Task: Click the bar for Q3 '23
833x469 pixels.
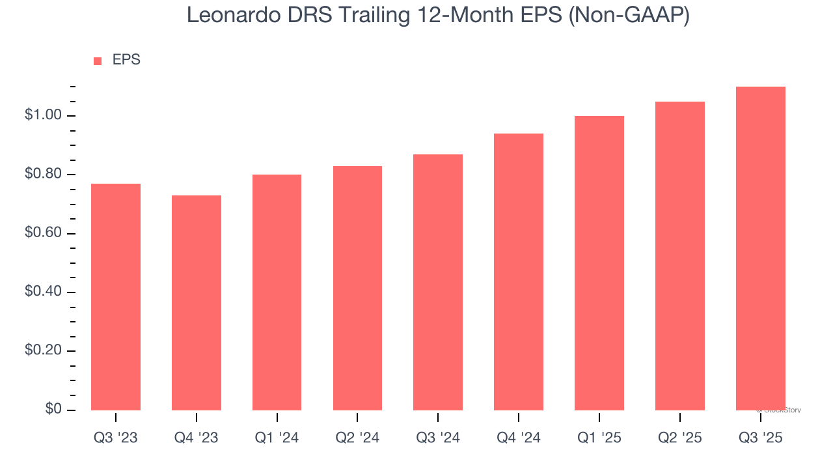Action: (x=116, y=297)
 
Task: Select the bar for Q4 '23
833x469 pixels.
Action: (x=197, y=303)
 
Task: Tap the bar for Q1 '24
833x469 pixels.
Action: (x=277, y=292)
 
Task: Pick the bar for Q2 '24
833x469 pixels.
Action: (x=357, y=288)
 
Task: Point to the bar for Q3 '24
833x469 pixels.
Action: (x=438, y=282)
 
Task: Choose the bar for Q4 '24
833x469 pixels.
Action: (x=519, y=272)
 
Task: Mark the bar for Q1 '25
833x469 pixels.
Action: (x=599, y=263)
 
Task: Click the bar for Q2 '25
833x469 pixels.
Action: (x=680, y=256)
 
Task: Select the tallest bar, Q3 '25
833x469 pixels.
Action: (x=761, y=248)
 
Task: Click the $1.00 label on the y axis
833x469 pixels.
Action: (x=43, y=116)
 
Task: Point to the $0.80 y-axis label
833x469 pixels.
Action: (x=43, y=175)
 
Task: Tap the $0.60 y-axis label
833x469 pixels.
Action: (x=43, y=233)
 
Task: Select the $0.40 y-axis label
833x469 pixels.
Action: (x=43, y=292)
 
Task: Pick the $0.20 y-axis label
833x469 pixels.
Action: (x=43, y=350)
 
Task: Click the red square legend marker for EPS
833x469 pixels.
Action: (x=98, y=61)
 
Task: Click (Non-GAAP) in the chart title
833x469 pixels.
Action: (x=629, y=15)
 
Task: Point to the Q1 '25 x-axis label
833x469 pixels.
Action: (x=599, y=438)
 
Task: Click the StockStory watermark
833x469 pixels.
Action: (x=779, y=410)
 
